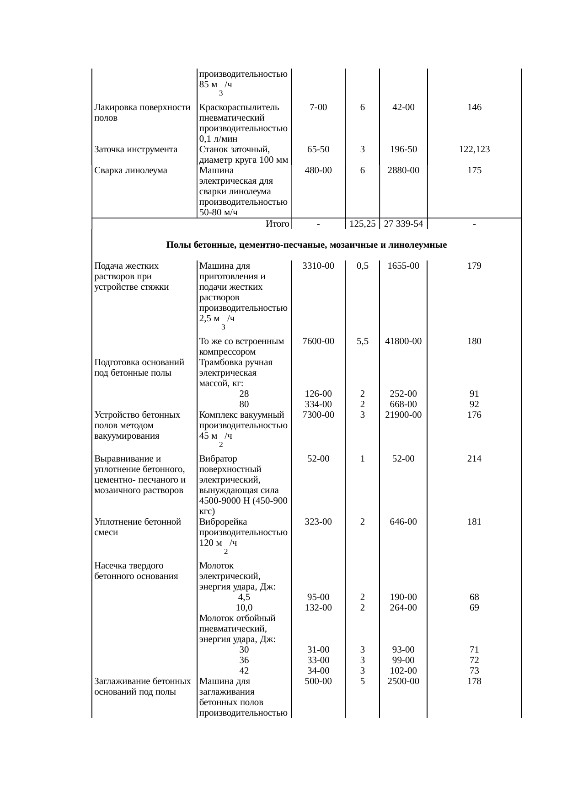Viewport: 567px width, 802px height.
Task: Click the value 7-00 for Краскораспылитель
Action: [x=318, y=107]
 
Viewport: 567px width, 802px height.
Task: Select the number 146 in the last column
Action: [x=474, y=107]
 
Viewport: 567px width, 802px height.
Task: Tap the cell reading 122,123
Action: [x=474, y=149]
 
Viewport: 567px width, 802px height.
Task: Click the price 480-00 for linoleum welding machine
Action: [x=318, y=170]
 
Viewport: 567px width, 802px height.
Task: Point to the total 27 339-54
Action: [x=403, y=224]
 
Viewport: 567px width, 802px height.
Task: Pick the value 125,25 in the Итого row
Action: [x=362, y=224]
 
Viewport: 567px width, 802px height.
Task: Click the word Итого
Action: [x=277, y=224]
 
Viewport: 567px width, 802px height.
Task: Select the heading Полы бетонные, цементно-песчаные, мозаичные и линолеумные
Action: [x=306, y=245]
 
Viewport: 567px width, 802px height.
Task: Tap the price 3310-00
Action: [x=318, y=266]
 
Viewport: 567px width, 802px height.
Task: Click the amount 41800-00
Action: [x=403, y=341]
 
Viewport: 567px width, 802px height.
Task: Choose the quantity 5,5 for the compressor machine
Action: [x=362, y=341]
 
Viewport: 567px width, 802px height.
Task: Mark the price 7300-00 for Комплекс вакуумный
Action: [x=318, y=415]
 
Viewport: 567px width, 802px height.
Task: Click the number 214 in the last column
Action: [x=474, y=459]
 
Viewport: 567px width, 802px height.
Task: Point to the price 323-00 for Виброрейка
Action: [x=318, y=522]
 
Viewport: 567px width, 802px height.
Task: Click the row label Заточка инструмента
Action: [x=136, y=149]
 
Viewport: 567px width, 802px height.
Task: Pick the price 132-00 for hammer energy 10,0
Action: [x=318, y=608]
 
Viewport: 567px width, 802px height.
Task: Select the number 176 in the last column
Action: [x=474, y=415]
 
